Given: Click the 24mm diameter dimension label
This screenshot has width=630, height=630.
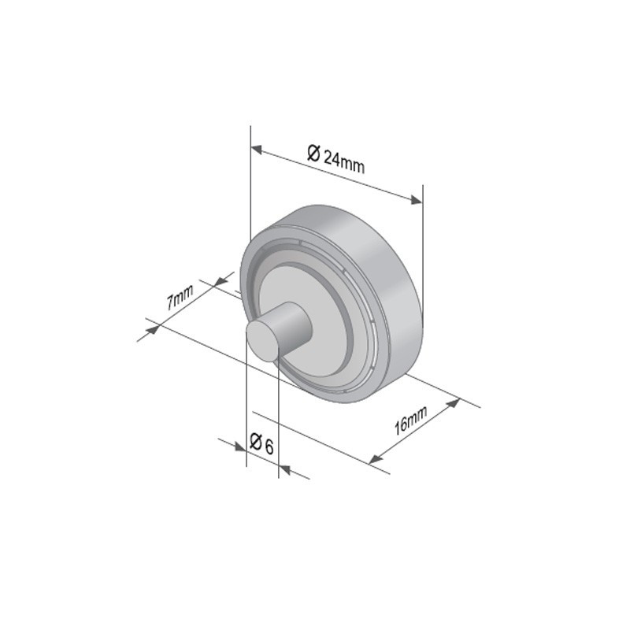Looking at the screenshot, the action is tap(336, 159).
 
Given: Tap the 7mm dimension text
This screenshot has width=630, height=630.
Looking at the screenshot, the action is tap(180, 297).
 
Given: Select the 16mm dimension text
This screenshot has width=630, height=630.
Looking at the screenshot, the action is tap(410, 421).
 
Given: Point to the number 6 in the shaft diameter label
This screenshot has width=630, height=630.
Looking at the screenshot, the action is tap(269, 447).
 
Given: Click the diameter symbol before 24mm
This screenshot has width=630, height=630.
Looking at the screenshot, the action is tap(313, 153).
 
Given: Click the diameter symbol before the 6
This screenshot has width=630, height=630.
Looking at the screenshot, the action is tap(255, 441).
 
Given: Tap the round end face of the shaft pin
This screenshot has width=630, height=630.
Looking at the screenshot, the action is tap(262, 341).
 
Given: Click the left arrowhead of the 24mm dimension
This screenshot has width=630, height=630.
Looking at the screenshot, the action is tap(257, 150).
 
